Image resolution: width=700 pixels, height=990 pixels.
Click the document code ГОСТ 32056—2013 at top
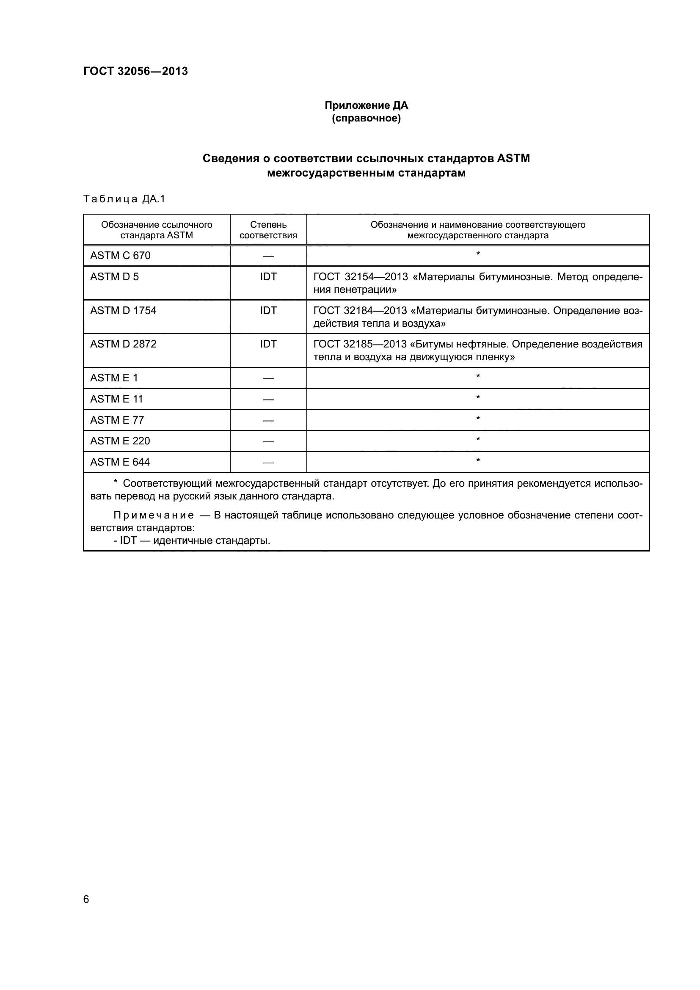tap(135, 71)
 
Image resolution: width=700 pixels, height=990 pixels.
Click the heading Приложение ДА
tap(366, 105)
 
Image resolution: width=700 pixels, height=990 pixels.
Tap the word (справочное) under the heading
tap(366, 118)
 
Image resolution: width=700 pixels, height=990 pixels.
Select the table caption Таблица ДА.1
tap(124, 199)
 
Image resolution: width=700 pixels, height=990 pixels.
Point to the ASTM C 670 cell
tap(120, 256)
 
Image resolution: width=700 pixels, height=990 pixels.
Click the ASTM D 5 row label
tap(114, 277)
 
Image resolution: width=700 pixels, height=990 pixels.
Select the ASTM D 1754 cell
tap(123, 310)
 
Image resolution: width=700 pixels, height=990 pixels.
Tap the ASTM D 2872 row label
tap(123, 344)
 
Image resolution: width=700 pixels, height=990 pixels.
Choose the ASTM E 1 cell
tap(114, 378)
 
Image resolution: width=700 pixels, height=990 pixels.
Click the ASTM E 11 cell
tap(116, 399)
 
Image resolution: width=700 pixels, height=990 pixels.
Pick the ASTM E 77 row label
tap(117, 420)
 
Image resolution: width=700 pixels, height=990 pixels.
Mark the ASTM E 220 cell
tap(120, 441)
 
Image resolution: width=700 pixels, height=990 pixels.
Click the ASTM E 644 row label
tap(120, 462)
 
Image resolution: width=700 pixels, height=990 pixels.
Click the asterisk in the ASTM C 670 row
tap(477, 254)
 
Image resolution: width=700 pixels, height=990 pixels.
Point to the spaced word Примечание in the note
tap(154, 515)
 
